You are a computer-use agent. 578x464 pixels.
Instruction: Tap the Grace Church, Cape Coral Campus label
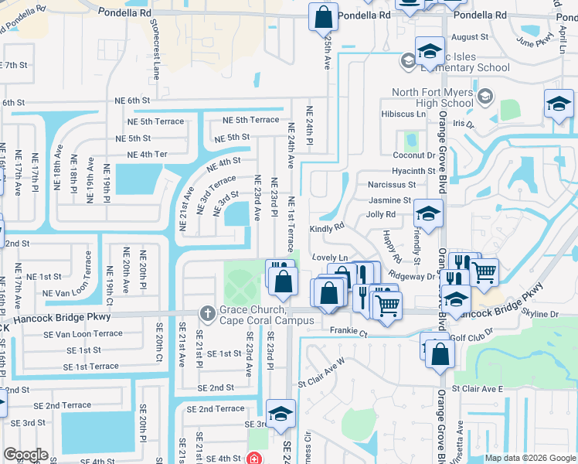pos(266,315)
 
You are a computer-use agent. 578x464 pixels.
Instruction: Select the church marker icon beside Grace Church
pos(206,312)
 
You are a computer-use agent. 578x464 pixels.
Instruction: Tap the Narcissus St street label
pos(392,185)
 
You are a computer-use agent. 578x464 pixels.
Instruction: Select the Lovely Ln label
pos(330,257)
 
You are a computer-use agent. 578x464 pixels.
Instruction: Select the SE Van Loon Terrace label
pos(83,333)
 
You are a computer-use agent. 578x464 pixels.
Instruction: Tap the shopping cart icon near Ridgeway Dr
pos(484,271)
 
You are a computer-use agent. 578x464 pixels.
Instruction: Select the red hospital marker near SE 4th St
pos(253,458)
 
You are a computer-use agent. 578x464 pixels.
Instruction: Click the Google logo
pos(25,455)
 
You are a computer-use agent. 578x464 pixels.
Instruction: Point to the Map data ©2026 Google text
pos(530,458)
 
